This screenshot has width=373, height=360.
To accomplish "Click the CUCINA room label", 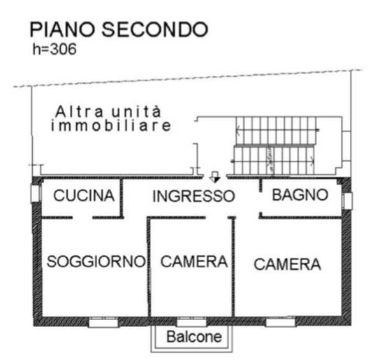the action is tap(84, 196).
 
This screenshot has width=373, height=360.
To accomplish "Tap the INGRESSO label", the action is tap(193, 196).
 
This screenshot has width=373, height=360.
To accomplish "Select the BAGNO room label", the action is tap(300, 195).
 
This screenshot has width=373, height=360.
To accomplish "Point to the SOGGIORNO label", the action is tap(96, 261).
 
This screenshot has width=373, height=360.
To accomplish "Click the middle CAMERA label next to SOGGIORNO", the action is tap(194, 261).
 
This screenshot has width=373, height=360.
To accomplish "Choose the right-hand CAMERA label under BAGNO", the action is tap(287, 264).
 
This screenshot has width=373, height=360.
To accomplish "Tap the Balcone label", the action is tap(194, 337).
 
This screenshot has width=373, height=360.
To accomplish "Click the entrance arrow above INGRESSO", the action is tap(215, 177).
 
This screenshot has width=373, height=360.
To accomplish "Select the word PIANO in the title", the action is tap(62, 29).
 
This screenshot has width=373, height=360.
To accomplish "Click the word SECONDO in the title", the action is tap(155, 29).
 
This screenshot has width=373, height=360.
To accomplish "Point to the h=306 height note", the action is tap(54, 50).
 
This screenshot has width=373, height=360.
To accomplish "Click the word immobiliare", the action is tap(111, 126).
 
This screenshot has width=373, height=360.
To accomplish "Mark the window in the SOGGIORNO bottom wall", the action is tap(103, 322).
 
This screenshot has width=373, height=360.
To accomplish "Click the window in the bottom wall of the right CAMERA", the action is tap(281, 322).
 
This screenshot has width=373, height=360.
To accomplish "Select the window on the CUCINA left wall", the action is tap(36, 194).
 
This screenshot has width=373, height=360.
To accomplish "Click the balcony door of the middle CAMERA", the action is tap(191, 322).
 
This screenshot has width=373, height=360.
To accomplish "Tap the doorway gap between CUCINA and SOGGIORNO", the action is tap(82, 217).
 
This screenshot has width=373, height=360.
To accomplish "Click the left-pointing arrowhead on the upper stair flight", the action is tap(237, 131).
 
